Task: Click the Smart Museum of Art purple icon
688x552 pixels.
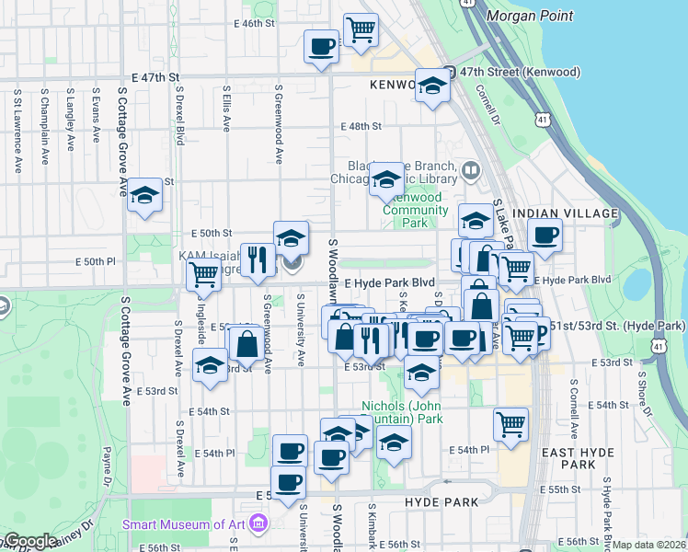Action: pos(258,524)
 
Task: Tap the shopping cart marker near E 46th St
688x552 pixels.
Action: pos(361,29)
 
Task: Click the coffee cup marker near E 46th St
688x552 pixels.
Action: pos(322,47)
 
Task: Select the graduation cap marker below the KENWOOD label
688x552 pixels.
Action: pos(431,86)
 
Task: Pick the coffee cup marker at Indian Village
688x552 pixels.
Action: pos(545,235)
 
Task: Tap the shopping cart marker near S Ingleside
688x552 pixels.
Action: pos(203,273)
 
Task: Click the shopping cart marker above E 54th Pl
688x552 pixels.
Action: pos(510,424)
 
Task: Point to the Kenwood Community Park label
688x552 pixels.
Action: pos(416,210)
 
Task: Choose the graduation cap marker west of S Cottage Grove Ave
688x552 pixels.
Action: pos(144,195)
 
